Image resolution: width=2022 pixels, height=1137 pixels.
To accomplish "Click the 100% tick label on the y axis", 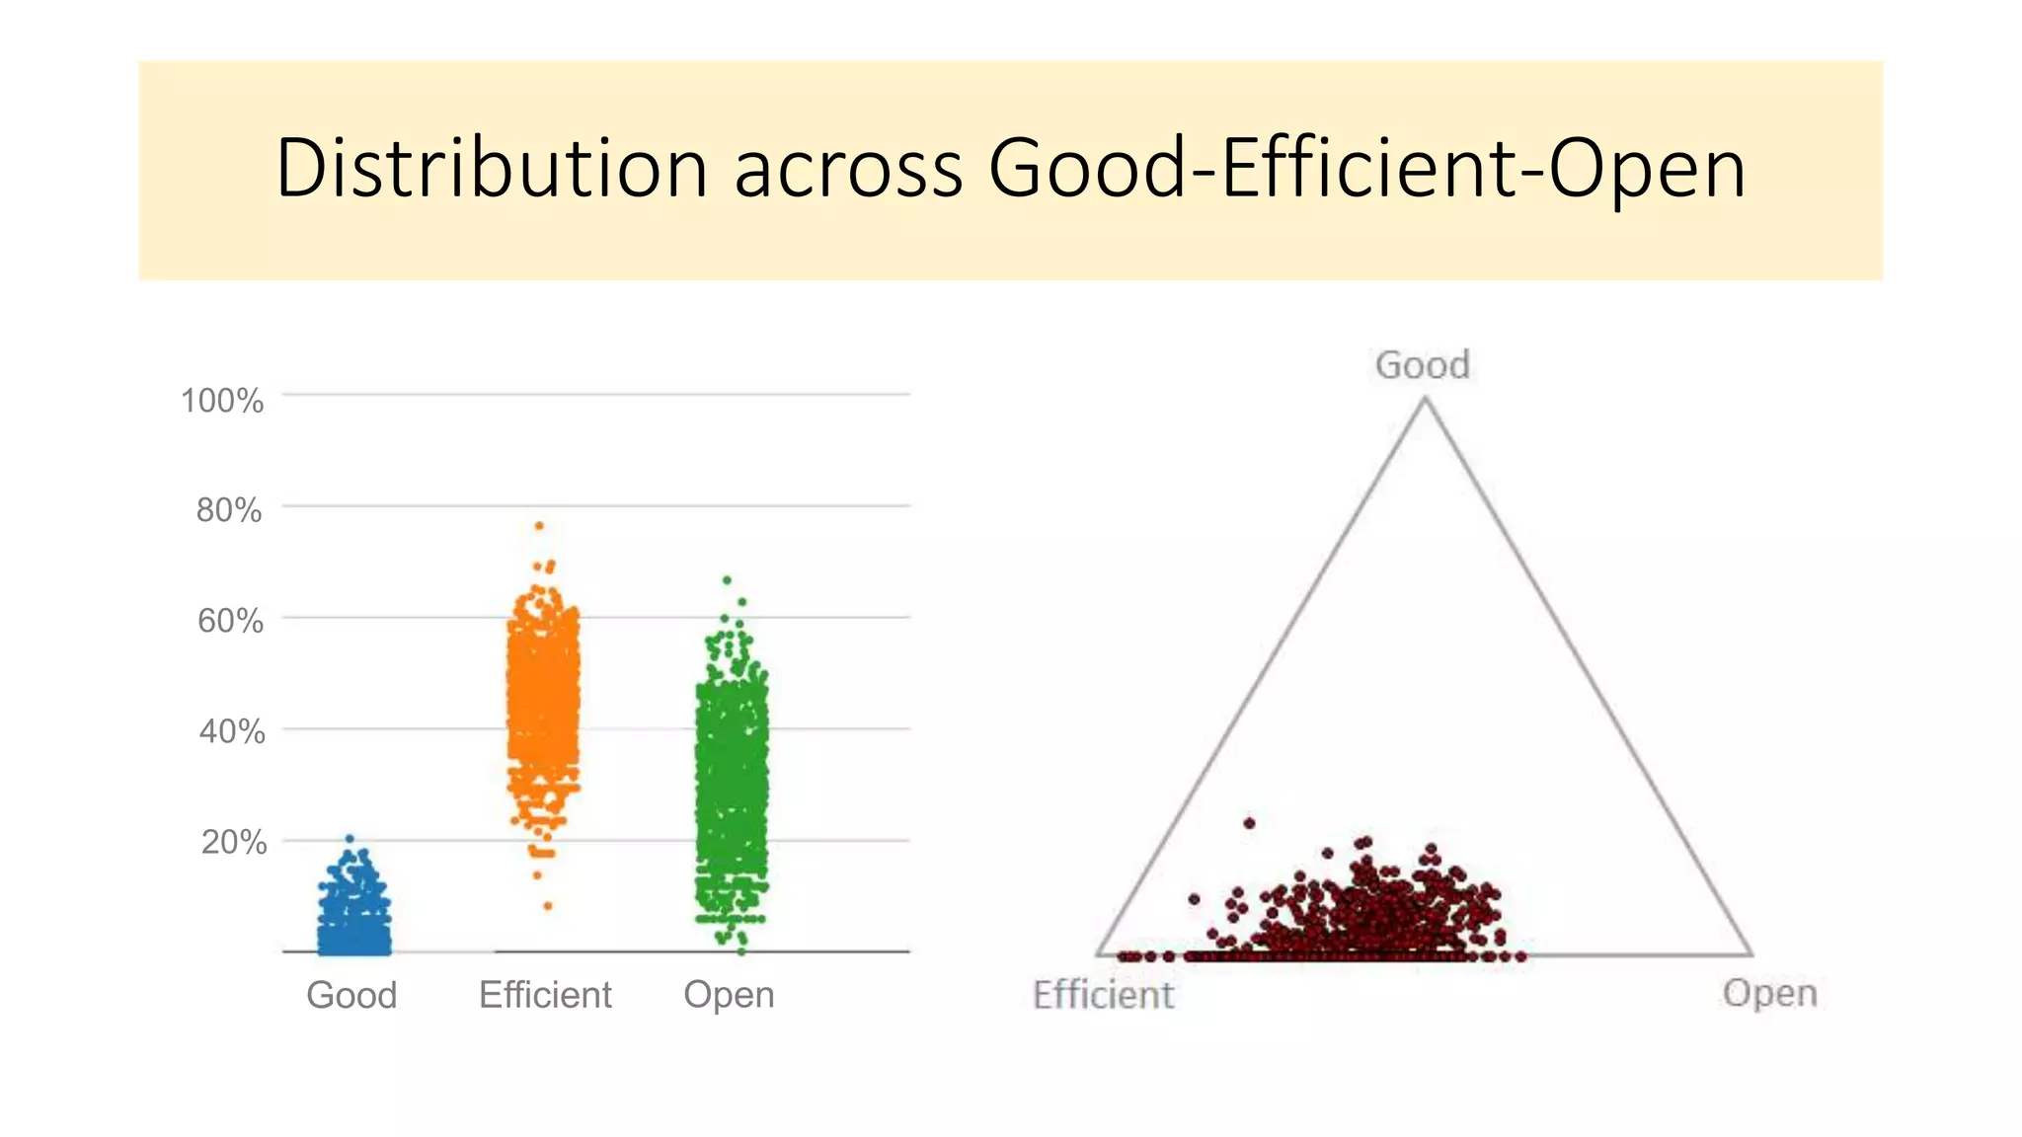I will coord(222,401).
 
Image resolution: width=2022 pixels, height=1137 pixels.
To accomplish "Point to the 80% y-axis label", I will coord(229,510).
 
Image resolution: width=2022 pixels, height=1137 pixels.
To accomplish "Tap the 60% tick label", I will coord(230,621).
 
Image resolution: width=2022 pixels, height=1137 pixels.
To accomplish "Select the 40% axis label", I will coord(232,731).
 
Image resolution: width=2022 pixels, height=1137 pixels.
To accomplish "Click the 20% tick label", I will coord(234,842).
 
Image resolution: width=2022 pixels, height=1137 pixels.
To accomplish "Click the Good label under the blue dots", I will coord(351,995).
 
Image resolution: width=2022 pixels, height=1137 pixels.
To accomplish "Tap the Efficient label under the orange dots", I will coord(545,995).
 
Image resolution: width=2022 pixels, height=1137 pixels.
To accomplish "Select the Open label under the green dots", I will coord(729,995).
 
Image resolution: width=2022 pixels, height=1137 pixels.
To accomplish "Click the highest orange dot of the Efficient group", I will coord(539,526).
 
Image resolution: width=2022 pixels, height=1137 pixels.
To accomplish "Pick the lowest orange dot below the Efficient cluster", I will coord(548,905).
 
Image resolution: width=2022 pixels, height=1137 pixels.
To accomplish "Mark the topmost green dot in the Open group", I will coord(727,580).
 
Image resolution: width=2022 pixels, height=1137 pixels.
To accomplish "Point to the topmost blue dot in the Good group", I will coord(350,839).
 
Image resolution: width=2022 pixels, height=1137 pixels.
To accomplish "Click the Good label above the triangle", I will coord(1423,365).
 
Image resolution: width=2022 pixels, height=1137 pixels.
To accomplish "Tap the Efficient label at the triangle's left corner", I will coord(1103,995).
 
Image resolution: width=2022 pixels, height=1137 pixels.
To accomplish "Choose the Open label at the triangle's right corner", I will coord(1769,993).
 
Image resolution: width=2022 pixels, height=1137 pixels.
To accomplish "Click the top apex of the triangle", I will coord(1425,399).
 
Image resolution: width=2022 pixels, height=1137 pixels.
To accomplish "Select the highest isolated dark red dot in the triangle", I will coord(1249,822).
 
